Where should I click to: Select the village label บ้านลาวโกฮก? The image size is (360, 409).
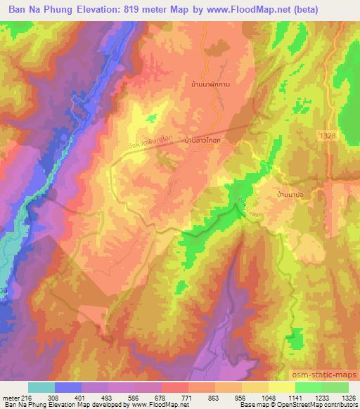pyautogui.click(x=203, y=141)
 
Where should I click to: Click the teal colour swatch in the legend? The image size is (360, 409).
pyautogui.click(x=41, y=387)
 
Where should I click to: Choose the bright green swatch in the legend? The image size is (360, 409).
pyautogui.click(x=308, y=387)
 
